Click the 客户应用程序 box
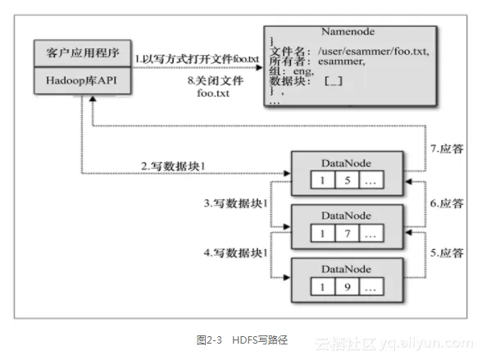pyautogui.click(x=82, y=52)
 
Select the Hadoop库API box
pyautogui.click(x=82, y=80)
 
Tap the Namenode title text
pyautogui.click(x=348, y=32)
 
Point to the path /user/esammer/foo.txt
pyautogui.click(x=374, y=51)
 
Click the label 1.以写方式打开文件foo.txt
pyautogui.click(x=197, y=59)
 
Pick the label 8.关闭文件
pyautogui.click(x=216, y=81)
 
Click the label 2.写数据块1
pyautogui.click(x=173, y=166)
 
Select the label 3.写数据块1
pyautogui.click(x=235, y=203)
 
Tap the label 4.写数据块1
pyautogui.click(x=235, y=253)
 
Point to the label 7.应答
pyautogui.click(x=447, y=148)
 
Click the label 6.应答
pyautogui.click(x=447, y=203)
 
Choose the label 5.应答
pyautogui.click(x=447, y=253)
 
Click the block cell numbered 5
pyautogui.click(x=347, y=180)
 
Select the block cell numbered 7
pyautogui.click(x=347, y=234)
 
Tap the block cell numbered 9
pyautogui.click(x=347, y=286)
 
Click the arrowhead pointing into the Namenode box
pyautogui.click(x=259, y=67)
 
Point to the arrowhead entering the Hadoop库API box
pyautogui.click(x=93, y=98)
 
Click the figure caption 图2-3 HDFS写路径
pyautogui.click(x=243, y=340)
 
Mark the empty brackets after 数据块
pyautogui.click(x=334, y=81)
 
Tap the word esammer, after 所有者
pyautogui.click(x=342, y=62)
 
